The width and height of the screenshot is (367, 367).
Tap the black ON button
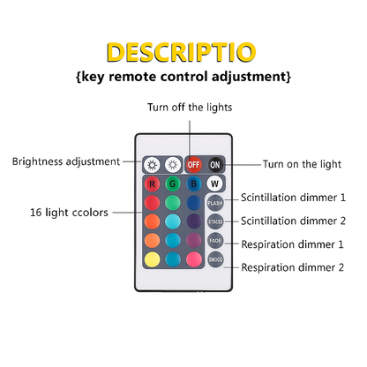tap(215, 164)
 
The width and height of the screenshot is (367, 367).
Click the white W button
tap(214, 183)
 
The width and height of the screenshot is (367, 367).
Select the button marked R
tap(152, 184)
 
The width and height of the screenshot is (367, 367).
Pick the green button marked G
tap(173, 184)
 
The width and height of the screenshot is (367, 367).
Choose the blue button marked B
tap(194, 184)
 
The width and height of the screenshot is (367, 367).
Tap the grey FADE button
tap(215, 241)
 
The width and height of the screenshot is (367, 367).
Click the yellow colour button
tap(152, 259)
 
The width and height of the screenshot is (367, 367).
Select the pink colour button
tap(194, 259)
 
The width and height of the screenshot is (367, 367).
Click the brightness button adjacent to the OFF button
tap(173, 165)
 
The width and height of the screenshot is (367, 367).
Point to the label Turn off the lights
tap(190, 108)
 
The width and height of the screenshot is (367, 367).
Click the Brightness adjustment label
tap(66, 161)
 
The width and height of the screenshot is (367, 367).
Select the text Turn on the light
tap(302, 164)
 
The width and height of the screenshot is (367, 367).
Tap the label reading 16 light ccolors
tap(69, 213)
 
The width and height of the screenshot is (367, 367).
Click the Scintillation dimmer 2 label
tap(293, 221)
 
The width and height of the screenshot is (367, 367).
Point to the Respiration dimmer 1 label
tap(292, 244)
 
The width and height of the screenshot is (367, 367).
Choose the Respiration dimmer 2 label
tap(292, 267)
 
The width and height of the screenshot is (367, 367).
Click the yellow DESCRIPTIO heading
tap(181, 52)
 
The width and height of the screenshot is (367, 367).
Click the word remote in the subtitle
tap(132, 77)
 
